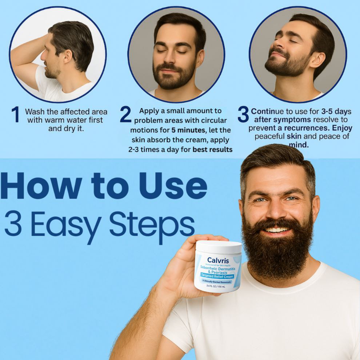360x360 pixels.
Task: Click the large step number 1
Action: pyautogui.click(x=15, y=115)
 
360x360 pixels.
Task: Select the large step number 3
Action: pyautogui.click(x=243, y=115)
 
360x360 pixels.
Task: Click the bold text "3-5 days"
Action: pyautogui.click(x=336, y=111)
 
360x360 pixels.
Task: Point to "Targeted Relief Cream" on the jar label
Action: pyautogui.click(x=217, y=276)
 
